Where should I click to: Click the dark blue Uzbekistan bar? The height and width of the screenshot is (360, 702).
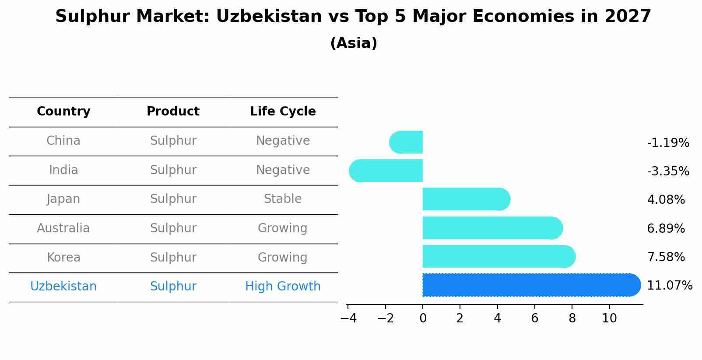tap(530, 285)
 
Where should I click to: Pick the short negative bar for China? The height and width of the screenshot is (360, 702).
tap(406, 142)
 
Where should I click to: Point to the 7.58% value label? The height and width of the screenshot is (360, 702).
tap(666, 257)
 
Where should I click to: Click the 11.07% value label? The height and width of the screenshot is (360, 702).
tap(669, 286)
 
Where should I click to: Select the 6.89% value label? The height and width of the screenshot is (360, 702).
tap(666, 228)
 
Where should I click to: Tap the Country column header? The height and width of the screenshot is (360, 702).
tap(63, 112)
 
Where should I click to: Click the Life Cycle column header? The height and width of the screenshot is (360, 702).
tap(283, 112)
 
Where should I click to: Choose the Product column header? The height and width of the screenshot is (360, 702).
tap(173, 112)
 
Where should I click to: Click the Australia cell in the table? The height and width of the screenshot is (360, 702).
tap(63, 228)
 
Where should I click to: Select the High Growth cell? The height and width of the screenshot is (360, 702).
tap(283, 287)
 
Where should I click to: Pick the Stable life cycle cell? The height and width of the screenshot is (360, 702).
tap(283, 199)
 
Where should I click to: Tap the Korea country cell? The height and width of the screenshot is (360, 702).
tap(63, 258)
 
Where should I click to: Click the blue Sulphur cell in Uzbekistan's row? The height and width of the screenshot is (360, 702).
tap(173, 287)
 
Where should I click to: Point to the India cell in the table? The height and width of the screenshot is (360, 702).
tap(63, 170)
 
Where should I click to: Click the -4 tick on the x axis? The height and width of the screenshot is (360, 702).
tap(348, 318)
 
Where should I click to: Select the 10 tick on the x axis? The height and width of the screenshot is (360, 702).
tap(609, 318)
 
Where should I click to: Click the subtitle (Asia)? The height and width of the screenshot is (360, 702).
tap(354, 43)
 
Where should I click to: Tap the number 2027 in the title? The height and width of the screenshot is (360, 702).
tap(628, 17)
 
